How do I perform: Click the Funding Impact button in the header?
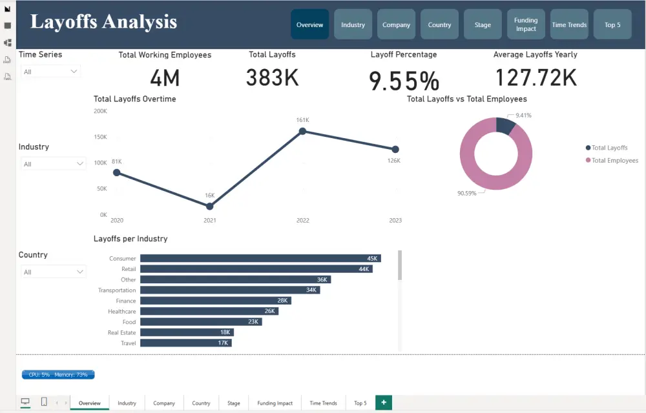click(526, 25)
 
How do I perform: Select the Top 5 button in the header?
click(612, 25)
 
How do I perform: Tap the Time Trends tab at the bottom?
click(323, 403)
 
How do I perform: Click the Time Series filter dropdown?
click(50, 72)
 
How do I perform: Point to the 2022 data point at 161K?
click(302, 132)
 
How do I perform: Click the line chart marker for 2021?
click(209, 206)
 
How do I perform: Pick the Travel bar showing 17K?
click(186, 343)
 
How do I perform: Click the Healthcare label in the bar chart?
click(121, 311)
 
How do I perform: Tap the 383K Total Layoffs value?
click(272, 78)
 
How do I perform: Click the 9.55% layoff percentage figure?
click(404, 81)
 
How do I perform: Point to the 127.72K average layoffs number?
click(536, 78)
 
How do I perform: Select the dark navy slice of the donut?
click(505, 125)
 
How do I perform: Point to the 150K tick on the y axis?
click(101, 137)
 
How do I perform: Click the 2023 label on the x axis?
click(395, 221)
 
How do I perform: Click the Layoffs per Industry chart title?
click(130, 239)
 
